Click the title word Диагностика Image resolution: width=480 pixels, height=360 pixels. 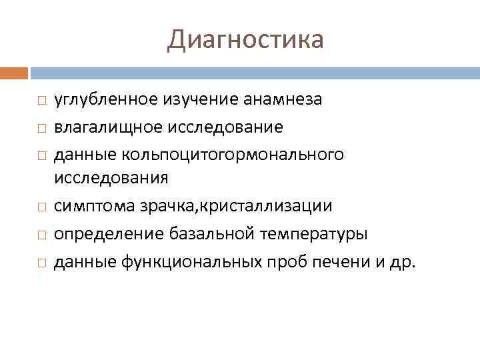(245, 39)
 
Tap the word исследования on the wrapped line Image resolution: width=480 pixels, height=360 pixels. (111, 178)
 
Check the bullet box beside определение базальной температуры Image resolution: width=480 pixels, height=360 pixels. (41, 235)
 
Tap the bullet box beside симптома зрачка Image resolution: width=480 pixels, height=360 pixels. (41, 207)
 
